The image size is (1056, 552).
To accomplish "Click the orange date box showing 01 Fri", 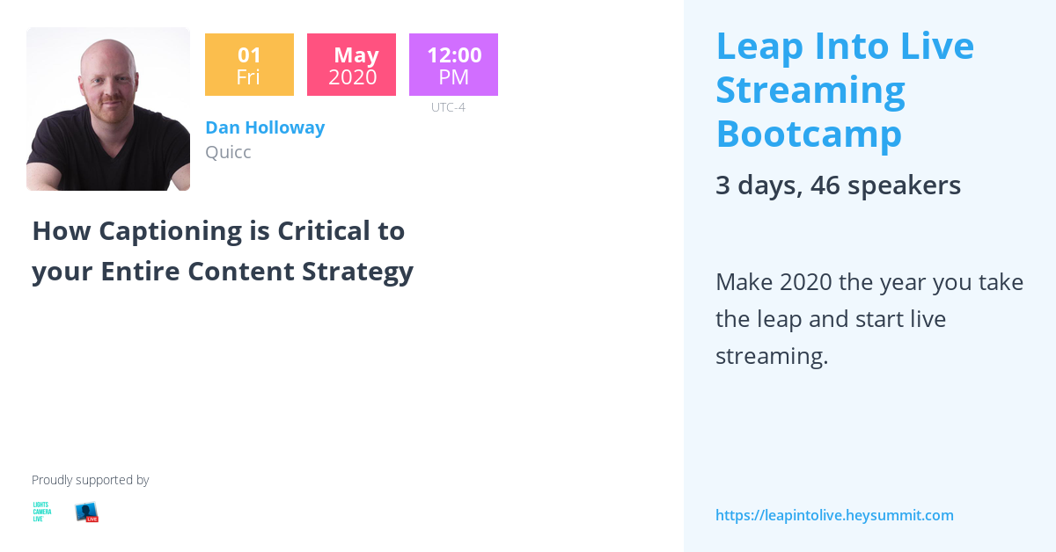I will pos(249,65).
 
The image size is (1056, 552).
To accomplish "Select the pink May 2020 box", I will pos(352,65).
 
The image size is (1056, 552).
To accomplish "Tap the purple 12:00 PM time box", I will pos(453,65).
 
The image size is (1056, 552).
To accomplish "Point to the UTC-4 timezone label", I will pos(448,107).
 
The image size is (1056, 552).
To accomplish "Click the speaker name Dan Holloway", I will pos(265,127).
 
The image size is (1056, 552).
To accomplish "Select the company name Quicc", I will pos(228,152).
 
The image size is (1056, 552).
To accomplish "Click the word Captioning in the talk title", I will pos(170,231).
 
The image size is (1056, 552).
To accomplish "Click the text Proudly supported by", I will pos(90,480).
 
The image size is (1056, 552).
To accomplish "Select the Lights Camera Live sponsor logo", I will pos(41,512).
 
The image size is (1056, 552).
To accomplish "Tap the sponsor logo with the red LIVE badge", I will pos(86,512).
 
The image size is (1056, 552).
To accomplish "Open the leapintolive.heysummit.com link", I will pos(834,515).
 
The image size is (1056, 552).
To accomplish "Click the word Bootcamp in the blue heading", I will pos(809,134).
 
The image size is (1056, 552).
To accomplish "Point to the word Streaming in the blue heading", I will pos(810,90).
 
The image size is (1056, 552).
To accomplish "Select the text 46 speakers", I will pos(885,185).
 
